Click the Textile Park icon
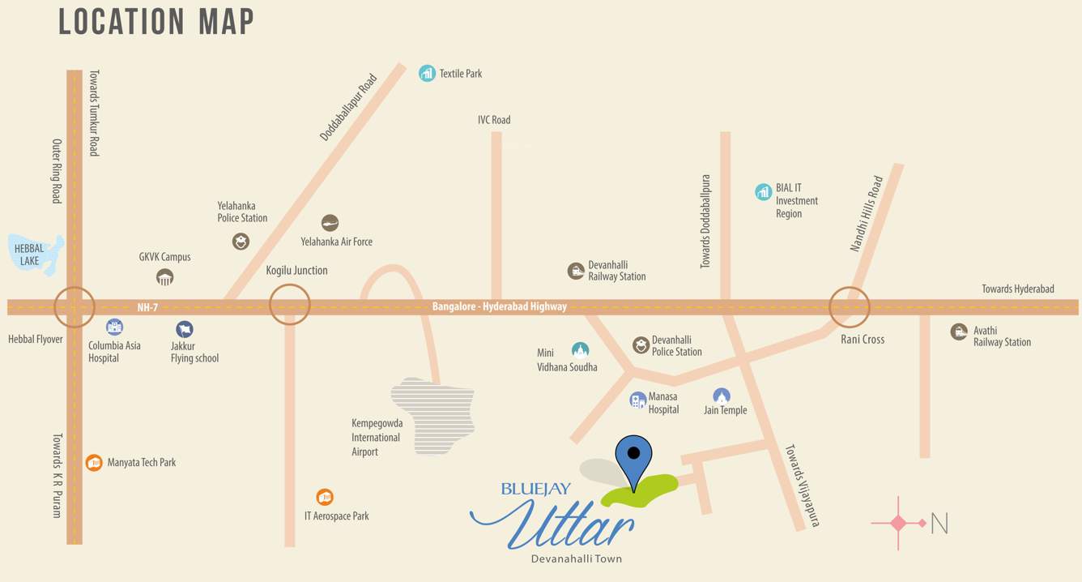[427, 74]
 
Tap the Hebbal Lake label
[29, 255]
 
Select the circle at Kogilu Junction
[290, 306]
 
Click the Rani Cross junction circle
[850, 307]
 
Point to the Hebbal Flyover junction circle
[75, 307]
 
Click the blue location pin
[633, 460]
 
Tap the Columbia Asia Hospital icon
[115, 327]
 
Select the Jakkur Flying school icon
[185, 329]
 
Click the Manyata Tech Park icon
[94, 463]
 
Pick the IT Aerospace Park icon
[325, 497]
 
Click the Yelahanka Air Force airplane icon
[330, 223]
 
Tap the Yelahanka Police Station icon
[241, 242]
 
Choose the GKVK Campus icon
[164, 278]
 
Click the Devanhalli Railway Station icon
[576, 271]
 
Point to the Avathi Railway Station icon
[959, 332]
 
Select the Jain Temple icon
[722, 396]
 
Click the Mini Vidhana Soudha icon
[580, 350]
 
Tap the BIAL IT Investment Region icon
[763, 192]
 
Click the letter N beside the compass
[939, 524]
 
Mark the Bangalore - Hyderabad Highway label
[499, 307]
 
